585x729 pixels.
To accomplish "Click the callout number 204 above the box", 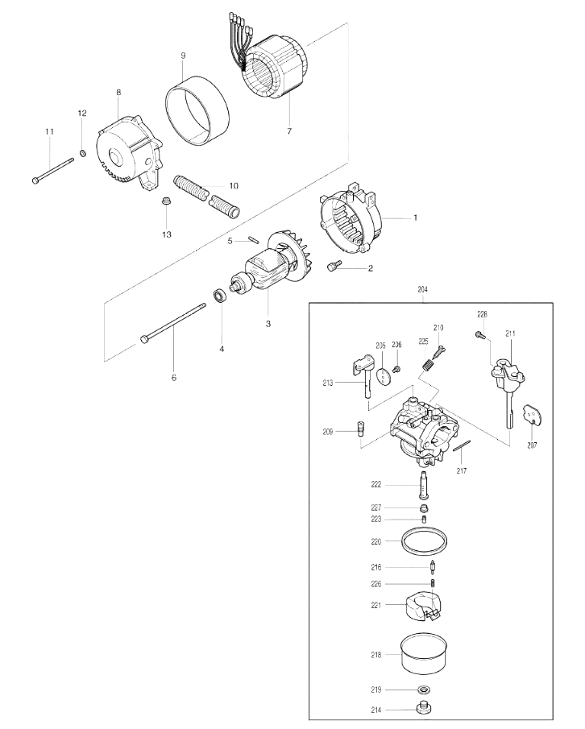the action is pos(422,289).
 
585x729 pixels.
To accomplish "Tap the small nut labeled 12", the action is pos(83,152).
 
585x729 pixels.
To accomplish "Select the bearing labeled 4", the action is pos(220,296).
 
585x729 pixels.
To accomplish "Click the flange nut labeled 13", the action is pos(165,201).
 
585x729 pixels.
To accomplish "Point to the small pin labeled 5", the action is pos(254,238).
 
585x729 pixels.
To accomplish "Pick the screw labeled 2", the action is pos(334,266).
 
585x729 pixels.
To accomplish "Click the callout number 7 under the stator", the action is pos(289,131).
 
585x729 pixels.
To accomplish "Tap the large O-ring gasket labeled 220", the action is pos(424,541).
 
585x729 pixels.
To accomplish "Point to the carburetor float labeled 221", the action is pos(423,605).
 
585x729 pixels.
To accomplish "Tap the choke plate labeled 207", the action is pos(533,414).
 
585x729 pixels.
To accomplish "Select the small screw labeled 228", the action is pos(481,333).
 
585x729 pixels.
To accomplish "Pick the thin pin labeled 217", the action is pos(462,445).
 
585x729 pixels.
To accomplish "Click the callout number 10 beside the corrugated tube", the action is pos(234,186).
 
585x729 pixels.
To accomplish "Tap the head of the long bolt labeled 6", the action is pos(144,340).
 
